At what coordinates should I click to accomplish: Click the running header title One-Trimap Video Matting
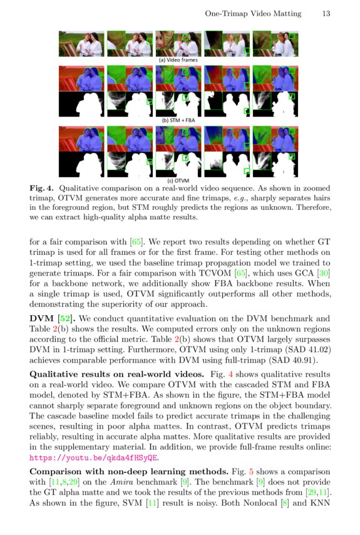coord(253,13)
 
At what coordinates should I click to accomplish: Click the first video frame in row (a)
coord(82,44)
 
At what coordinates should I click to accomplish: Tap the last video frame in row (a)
coord(271,44)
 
